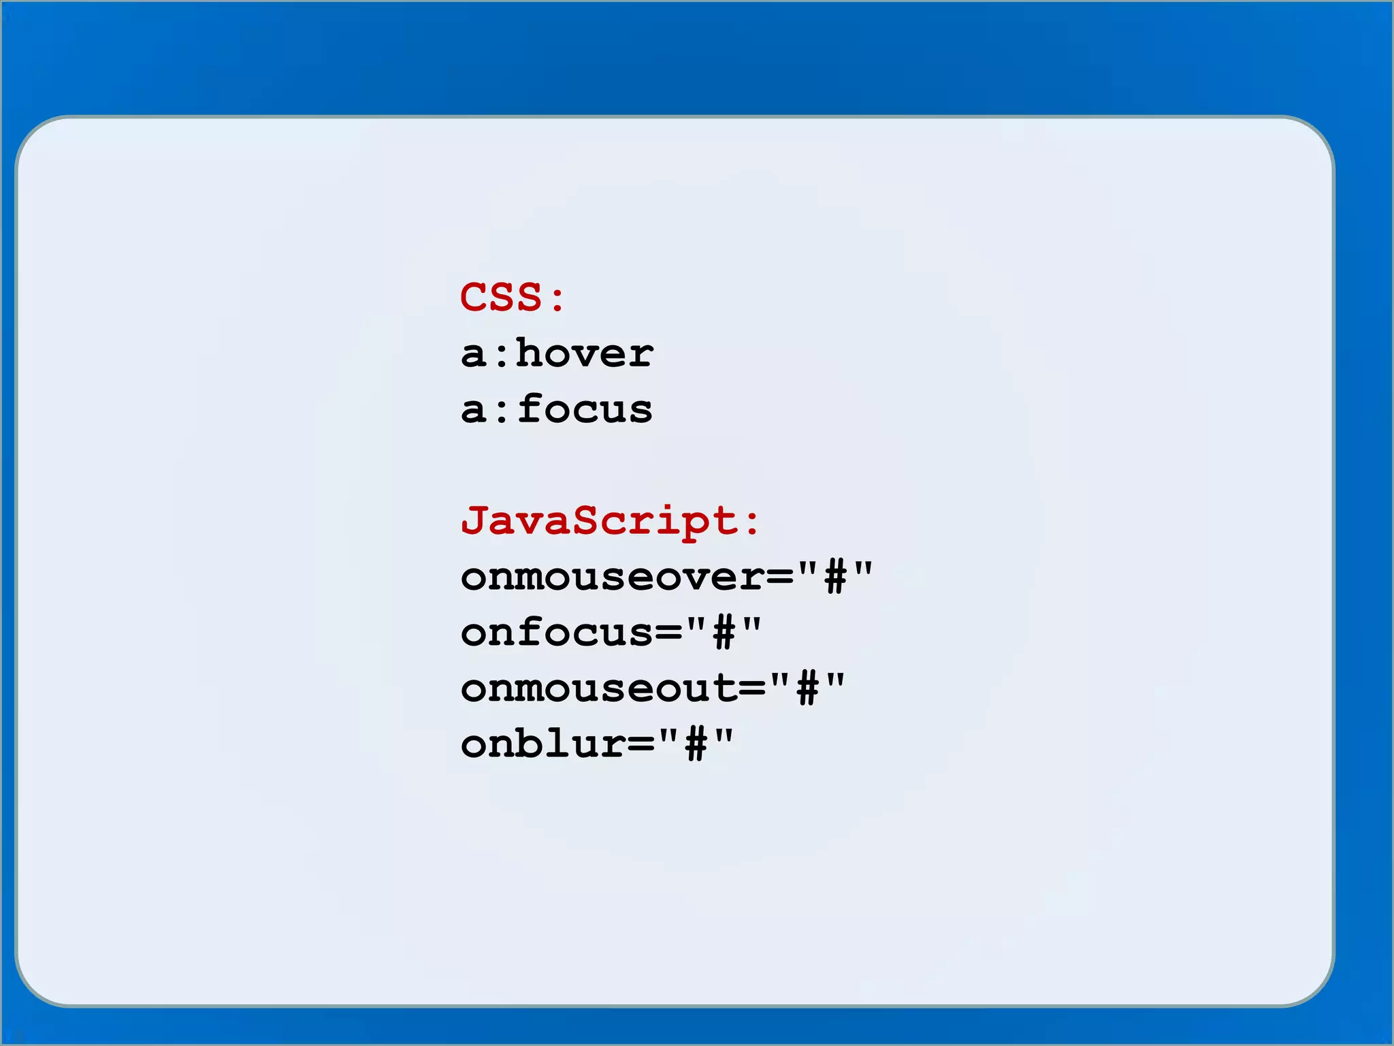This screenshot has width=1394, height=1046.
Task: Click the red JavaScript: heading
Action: tap(609, 521)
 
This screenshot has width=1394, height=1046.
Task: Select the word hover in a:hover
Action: tap(585, 353)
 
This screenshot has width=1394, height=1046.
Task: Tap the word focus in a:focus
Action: tap(585, 409)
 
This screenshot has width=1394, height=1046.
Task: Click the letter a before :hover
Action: tap(474, 355)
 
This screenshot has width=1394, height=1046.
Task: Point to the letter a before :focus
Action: tap(474, 411)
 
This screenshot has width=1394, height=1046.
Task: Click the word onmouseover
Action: tap(613, 577)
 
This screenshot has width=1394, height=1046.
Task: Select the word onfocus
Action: tap(557, 633)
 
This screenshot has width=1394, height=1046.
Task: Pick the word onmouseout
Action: tap(599, 688)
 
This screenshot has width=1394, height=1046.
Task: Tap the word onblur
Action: tap(542, 744)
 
